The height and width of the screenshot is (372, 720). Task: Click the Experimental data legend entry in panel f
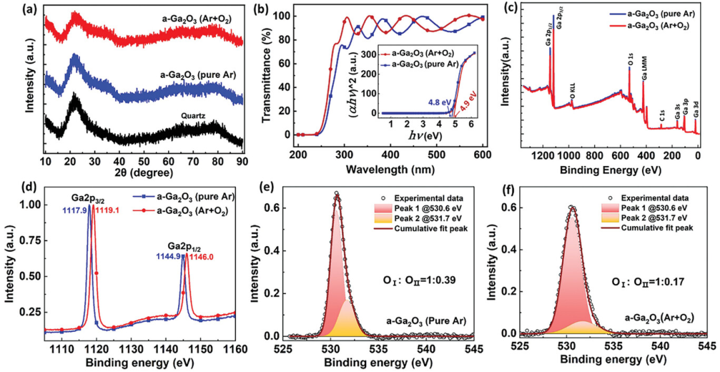coord(662,199)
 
